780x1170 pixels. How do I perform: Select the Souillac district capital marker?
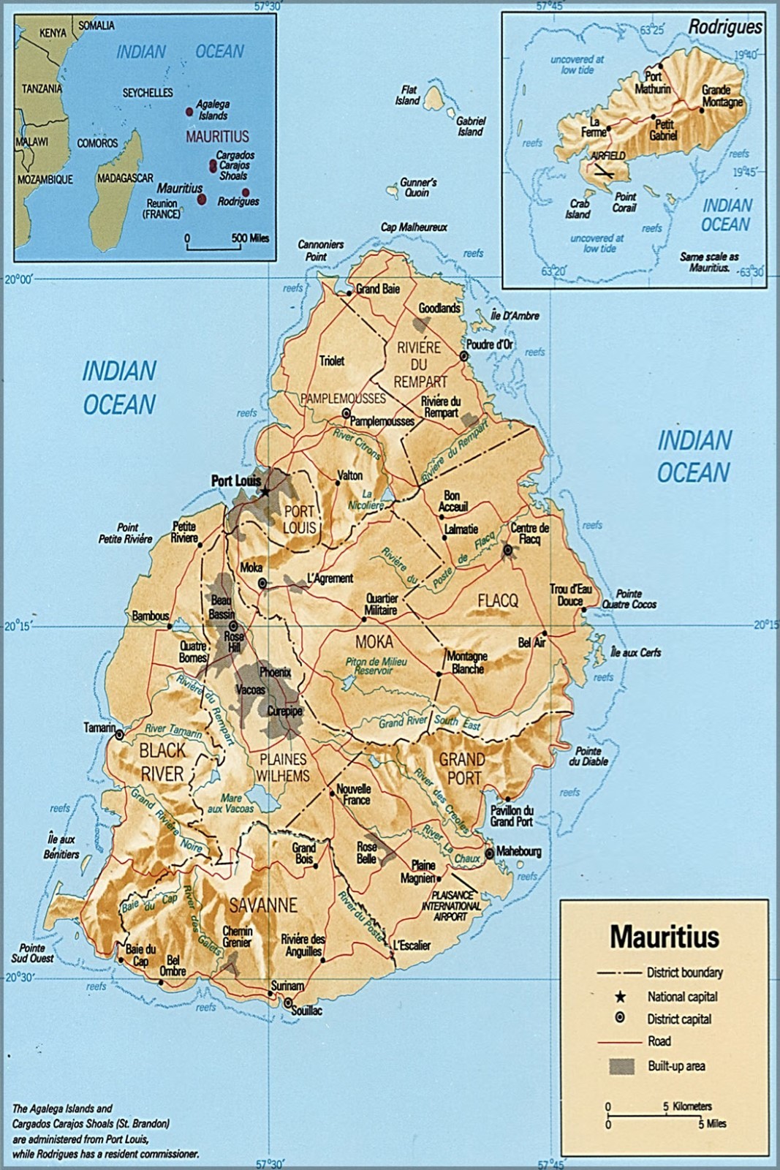289,1002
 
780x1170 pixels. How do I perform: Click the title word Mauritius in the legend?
664,936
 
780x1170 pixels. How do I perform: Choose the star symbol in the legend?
621,996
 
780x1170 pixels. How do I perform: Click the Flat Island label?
407,94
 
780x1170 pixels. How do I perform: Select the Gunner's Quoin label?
417,188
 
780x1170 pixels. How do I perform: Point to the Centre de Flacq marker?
507,550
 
